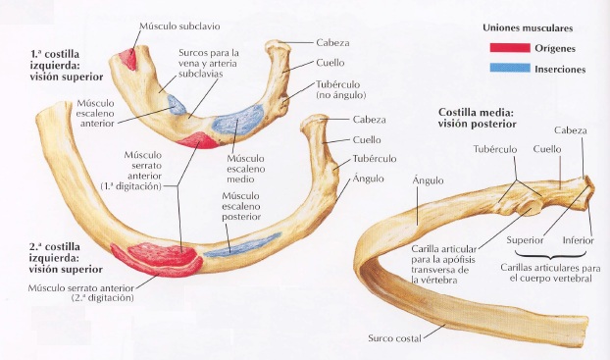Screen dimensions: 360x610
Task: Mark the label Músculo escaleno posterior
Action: point(241,206)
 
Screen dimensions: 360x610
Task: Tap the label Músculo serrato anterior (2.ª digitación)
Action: point(78,295)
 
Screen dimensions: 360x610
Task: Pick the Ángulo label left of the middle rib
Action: point(428,180)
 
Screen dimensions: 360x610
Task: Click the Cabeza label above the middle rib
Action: point(572,130)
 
